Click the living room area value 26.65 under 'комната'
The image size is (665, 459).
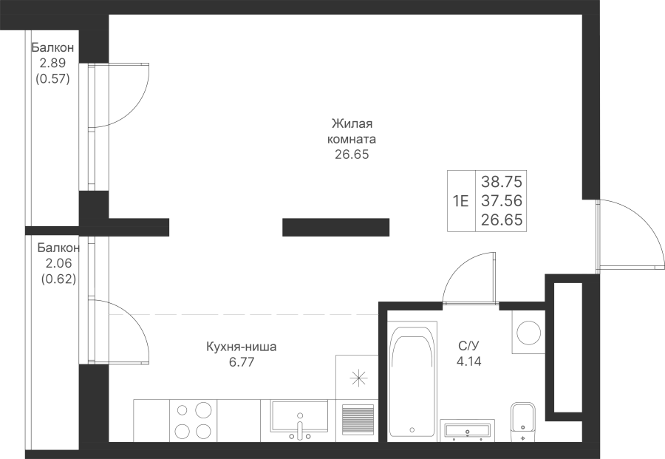352,154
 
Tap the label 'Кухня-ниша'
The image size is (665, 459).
242,347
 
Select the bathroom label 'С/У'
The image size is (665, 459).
468,346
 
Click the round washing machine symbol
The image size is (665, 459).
528,332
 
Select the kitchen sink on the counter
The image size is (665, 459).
300,420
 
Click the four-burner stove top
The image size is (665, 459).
194,421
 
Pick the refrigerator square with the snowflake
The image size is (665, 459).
357,377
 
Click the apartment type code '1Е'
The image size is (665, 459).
460,200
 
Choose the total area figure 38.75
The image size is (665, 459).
501,182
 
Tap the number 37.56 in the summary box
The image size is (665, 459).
501,200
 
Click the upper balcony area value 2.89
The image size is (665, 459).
52,64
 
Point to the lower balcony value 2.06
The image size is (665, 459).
58,263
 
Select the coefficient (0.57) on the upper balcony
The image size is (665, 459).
52,79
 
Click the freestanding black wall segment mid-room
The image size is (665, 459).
336,228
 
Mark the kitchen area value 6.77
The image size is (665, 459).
242,362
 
